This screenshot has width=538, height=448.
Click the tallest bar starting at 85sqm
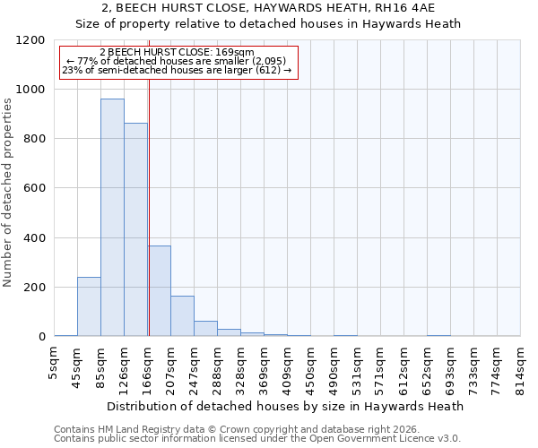pyautogui.click(x=112, y=218)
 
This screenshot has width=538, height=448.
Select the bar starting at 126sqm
pyautogui.click(x=135, y=229)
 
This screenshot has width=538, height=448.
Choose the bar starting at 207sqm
pyautogui.click(x=182, y=316)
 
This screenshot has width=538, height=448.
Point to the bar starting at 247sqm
pyautogui.click(x=205, y=329)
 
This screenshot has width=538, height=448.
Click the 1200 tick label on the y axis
pyautogui.click(x=30, y=40)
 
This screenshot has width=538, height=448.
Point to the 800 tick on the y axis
pyautogui.click(x=34, y=139)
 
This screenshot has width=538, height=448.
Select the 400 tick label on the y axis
pyautogui.click(x=34, y=238)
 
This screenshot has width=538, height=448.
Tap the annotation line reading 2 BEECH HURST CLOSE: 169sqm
pyautogui.click(x=177, y=53)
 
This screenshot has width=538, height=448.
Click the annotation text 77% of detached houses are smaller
pyautogui.click(x=177, y=61)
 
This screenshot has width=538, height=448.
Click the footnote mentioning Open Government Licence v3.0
pyautogui.click(x=257, y=438)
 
